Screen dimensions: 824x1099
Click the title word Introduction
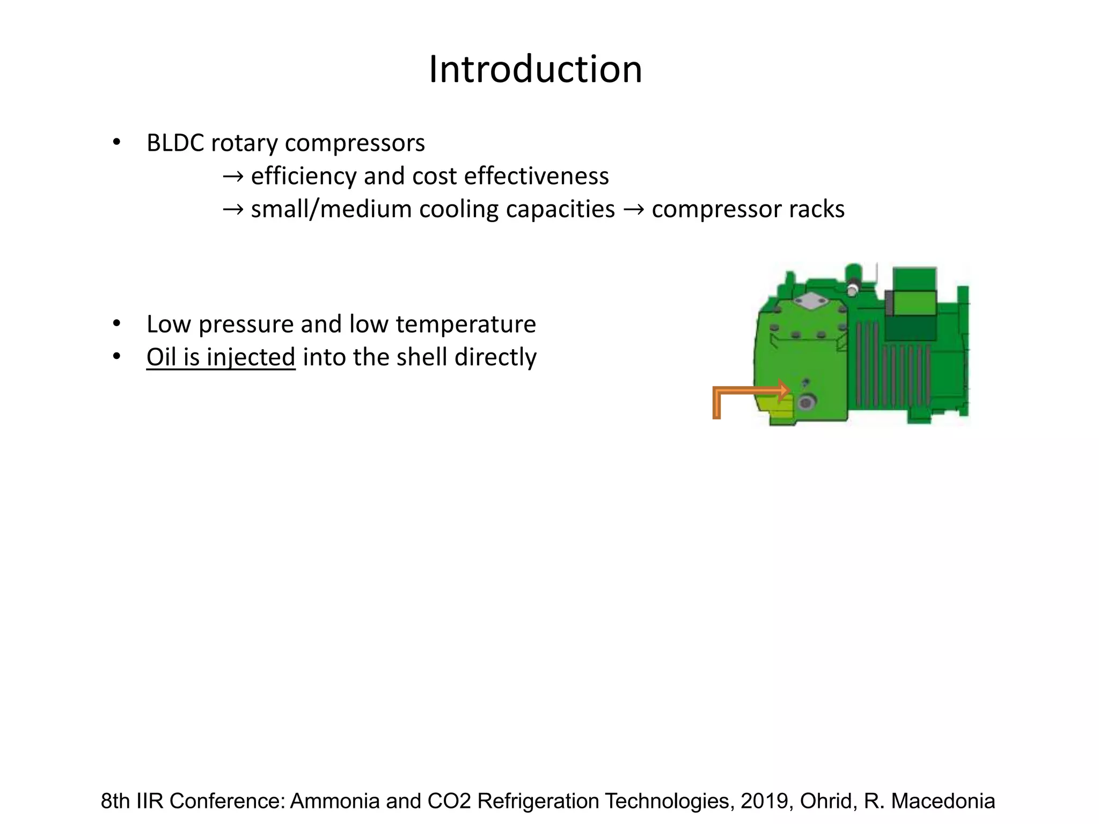[535, 70]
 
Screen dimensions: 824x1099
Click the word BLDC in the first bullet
[175, 143]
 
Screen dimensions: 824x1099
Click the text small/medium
[325, 209]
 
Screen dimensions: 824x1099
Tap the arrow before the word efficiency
[233, 176]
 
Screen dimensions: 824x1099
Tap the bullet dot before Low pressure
[116, 324]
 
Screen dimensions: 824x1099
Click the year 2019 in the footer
[764, 801]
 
